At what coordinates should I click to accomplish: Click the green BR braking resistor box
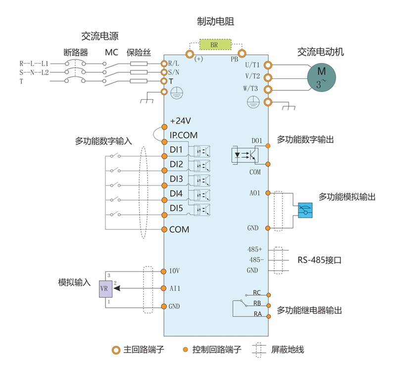pyautogui.click(x=215, y=44)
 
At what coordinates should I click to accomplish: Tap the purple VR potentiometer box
pyautogui.click(x=105, y=288)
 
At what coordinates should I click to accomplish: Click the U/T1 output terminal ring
pyautogui.click(x=268, y=65)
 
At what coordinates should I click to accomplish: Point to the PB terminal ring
pyautogui.click(x=242, y=53)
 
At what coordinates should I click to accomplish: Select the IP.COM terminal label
pyautogui.click(x=184, y=135)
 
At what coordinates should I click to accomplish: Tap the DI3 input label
pyautogui.click(x=176, y=179)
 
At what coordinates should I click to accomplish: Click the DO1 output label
pyautogui.click(x=256, y=141)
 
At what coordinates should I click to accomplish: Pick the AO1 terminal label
pyautogui.click(x=255, y=192)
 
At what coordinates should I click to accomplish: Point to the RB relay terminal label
pyautogui.click(x=257, y=303)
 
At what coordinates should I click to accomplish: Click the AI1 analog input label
pyautogui.click(x=174, y=288)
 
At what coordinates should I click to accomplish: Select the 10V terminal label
pyautogui.click(x=174, y=271)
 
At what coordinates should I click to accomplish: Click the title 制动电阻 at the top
pyautogui.click(x=215, y=21)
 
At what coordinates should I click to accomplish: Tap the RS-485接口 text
pyautogui.click(x=320, y=259)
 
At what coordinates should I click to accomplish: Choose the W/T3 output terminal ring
pyautogui.click(x=268, y=89)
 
